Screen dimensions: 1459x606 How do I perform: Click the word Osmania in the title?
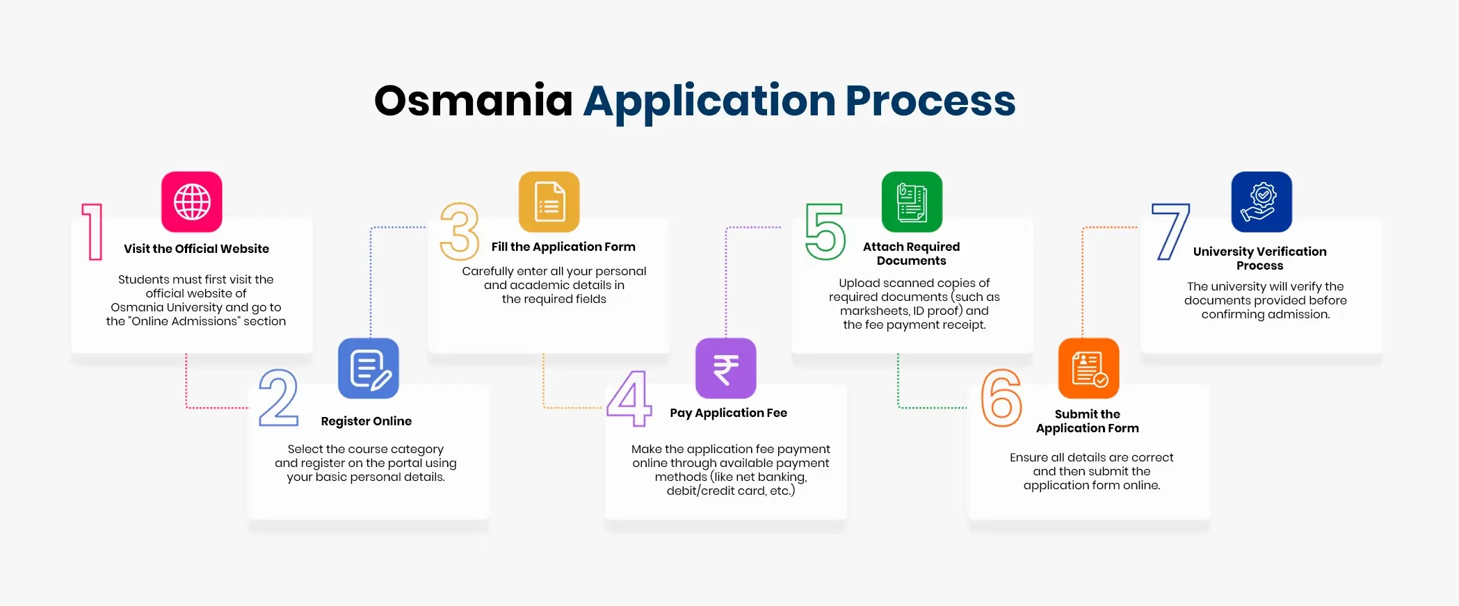(473, 101)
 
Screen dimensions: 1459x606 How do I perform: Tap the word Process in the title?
(930, 101)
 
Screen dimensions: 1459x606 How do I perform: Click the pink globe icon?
(192, 202)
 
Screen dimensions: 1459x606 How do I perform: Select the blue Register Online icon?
(369, 368)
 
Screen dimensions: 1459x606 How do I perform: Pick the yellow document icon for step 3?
(549, 202)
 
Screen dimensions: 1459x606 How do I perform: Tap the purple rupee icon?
(726, 368)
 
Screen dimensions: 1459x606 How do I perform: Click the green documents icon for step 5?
(912, 202)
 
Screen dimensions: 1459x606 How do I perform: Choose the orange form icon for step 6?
(1089, 368)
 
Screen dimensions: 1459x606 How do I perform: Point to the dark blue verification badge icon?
(1261, 202)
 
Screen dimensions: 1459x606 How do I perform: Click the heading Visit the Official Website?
(196, 249)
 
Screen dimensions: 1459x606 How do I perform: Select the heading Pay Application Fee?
(729, 413)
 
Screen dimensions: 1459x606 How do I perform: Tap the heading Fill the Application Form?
(563, 247)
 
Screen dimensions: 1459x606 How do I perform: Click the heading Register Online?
(366, 421)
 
